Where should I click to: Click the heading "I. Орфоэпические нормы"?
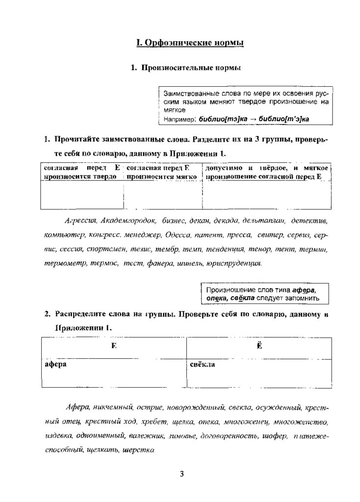(189, 44)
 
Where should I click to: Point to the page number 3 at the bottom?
(181, 474)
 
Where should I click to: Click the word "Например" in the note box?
(178, 119)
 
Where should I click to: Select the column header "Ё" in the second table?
(259, 346)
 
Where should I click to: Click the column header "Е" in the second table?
(113, 346)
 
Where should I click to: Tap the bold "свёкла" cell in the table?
(203, 365)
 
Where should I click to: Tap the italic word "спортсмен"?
(111, 249)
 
